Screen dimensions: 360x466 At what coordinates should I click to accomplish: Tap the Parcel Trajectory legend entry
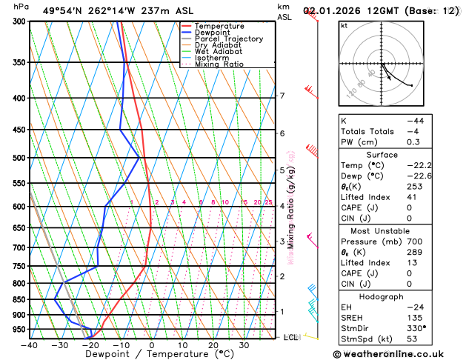point(229,39)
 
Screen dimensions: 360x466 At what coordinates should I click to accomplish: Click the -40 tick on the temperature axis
point(29,346)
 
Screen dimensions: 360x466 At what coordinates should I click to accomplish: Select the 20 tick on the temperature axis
point(213,346)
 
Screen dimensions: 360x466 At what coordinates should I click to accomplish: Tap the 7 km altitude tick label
point(282,96)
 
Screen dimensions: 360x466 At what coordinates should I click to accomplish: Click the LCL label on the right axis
point(291,338)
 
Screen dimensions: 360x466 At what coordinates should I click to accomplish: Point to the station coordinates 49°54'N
point(65,11)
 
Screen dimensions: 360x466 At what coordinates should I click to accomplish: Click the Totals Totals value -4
point(412,131)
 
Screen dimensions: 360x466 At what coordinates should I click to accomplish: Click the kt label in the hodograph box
point(344,25)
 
